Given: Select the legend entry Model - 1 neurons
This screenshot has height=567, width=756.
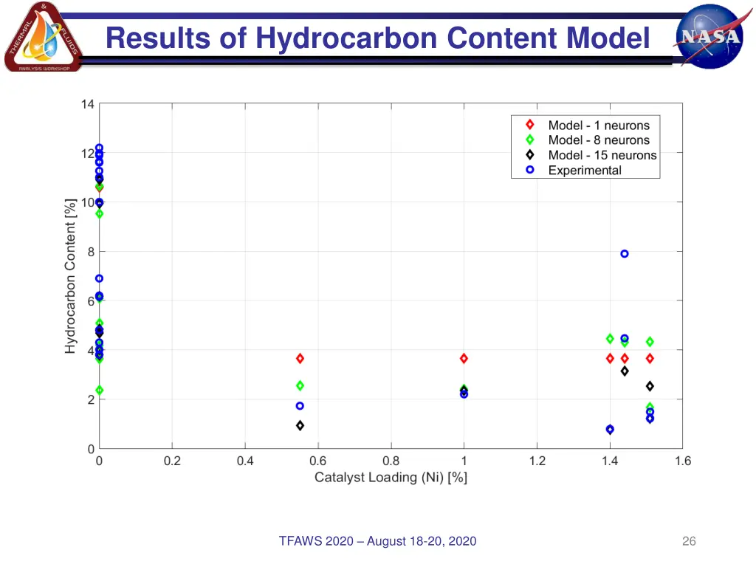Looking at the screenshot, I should [x=599, y=126].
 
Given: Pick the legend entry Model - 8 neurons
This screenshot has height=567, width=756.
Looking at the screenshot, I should [x=599, y=140].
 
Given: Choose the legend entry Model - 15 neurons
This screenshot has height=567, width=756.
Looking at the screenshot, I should [x=602, y=155].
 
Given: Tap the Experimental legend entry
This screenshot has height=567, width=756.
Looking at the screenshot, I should [x=585, y=170].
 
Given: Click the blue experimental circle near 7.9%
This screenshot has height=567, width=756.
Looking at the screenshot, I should [x=625, y=253].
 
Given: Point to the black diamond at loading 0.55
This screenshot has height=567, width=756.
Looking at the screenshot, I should [x=300, y=425].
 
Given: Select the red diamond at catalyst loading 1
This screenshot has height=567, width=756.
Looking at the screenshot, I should [x=464, y=358].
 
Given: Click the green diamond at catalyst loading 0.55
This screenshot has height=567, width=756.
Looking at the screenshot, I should [x=300, y=385].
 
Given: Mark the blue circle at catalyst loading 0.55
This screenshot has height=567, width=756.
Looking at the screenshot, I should [x=300, y=406].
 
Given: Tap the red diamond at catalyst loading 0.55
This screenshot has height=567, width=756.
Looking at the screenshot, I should [x=300, y=358].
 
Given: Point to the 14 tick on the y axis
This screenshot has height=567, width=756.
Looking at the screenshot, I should [x=88, y=104].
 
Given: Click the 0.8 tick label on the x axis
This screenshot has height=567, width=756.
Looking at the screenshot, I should [x=391, y=461].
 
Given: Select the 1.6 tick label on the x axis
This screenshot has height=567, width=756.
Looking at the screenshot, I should [x=682, y=461].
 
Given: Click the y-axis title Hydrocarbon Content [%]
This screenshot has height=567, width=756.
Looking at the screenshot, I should [x=70, y=275].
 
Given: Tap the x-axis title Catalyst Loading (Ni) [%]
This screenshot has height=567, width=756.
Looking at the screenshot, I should [x=391, y=478].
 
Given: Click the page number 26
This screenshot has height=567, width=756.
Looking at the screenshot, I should [x=689, y=542].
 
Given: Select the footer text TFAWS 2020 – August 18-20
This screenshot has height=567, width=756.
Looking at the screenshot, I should [x=377, y=542].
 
